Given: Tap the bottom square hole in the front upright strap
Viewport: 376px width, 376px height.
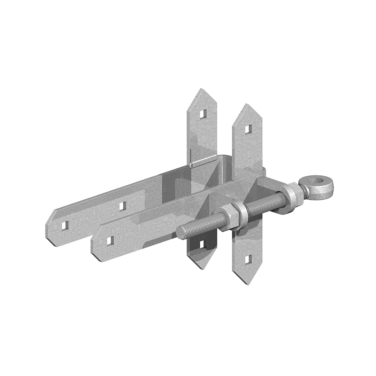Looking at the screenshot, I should tap(249, 258).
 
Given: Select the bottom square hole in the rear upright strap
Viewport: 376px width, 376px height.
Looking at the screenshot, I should tap(203, 244).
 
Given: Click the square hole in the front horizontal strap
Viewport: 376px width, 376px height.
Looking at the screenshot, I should tap(110, 241).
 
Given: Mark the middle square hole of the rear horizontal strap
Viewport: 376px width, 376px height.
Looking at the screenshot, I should tap(123, 205).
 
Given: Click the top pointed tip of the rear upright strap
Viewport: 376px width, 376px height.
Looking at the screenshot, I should tap(200, 89).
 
